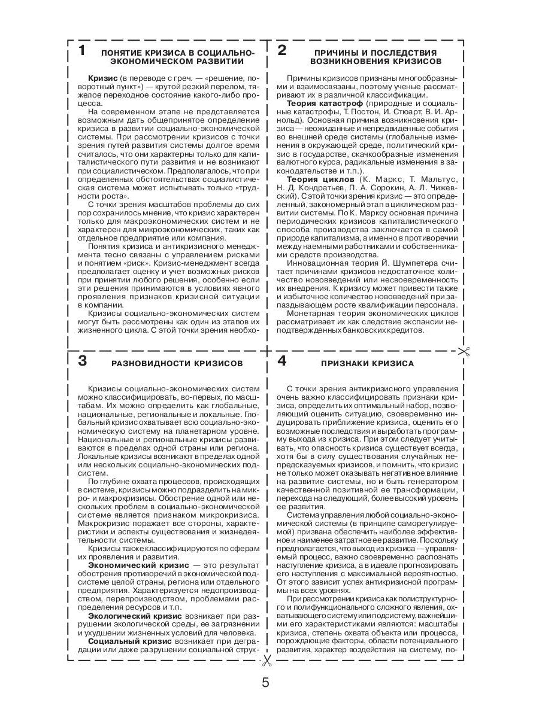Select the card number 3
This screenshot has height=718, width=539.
(x=83, y=361)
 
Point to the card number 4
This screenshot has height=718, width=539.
(x=281, y=361)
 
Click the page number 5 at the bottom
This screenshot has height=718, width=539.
(x=265, y=683)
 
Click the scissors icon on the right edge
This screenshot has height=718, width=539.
(x=463, y=352)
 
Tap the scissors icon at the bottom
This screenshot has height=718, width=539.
(x=267, y=660)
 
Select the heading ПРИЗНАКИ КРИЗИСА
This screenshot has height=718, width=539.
(x=367, y=363)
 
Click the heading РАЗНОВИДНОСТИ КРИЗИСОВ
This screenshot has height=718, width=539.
(x=177, y=363)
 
